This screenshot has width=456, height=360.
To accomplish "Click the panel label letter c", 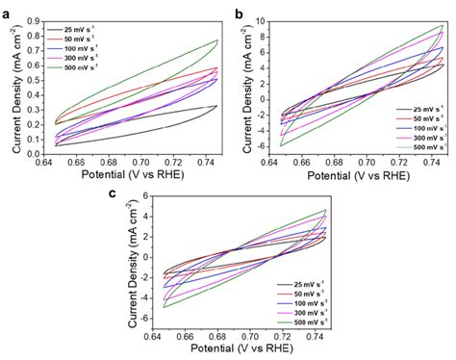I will (x=115, y=193).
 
